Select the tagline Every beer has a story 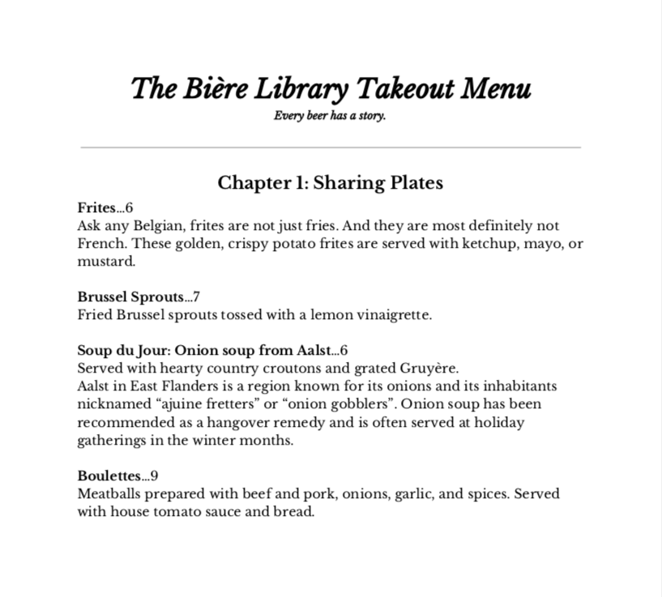330,116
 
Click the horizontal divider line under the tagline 331,147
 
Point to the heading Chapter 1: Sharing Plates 331,183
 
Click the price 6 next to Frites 129,208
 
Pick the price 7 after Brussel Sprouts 196,297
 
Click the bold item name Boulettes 109,475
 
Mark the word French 99,244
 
